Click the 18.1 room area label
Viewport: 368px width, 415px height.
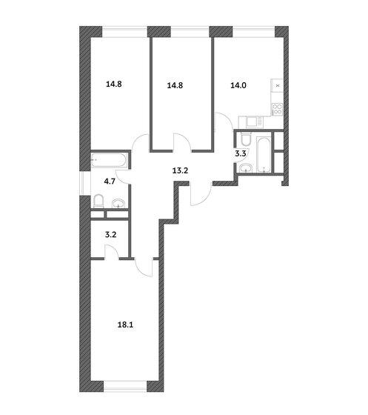point(125,325)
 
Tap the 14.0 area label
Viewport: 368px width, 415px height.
point(238,85)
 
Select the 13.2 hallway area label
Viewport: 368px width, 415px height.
point(180,170)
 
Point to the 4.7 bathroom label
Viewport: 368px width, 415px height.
point(110,182)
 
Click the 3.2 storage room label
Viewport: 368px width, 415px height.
point(111,235)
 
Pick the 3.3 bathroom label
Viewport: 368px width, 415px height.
point(241,153)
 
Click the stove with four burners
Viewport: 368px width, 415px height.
point(278,109)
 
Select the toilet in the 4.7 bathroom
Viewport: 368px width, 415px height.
point(98,202)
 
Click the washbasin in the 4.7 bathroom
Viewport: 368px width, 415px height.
point(118,204)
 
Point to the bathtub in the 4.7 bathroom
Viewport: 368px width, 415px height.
point(109,160)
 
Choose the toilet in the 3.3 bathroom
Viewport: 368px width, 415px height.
point(246,139)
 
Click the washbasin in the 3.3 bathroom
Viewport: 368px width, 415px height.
point(246,168)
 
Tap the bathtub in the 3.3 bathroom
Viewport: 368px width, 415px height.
point(264,155)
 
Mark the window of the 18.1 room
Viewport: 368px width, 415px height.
point(125,387)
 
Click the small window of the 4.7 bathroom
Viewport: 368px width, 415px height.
point(85,184)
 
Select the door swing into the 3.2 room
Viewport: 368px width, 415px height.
point(112,251)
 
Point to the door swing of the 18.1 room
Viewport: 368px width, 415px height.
point(144,268)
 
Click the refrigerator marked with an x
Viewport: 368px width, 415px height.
point(278,86)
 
